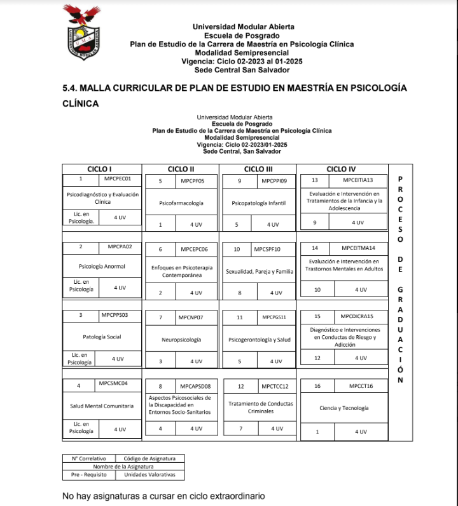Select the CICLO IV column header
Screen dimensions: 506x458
pyautogui.click(x=341, y=169)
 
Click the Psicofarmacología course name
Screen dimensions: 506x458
pyautogui.click(x=181, y=203)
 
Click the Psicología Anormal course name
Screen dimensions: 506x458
pyautogui.click(x=102, y=266)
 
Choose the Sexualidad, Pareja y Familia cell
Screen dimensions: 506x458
pyautogui.click(x=260, y=271)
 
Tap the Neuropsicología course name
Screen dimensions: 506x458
pyautogui.click(x=181, y=340)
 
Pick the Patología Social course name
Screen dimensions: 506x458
pyautogui.click(x=102, y=336)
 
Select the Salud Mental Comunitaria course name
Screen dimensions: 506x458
pyautogui.click(x=102, y=405)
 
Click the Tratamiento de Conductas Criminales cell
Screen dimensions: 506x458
pyautogui.click(x=260, y=407)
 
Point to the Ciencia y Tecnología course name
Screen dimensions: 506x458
pyautogui.click(x=344, y=408)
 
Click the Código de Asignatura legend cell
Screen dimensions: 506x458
pyautogui.click(x=154, y=458)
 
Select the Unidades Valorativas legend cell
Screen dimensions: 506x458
pyautogui.click(x=154, y=474)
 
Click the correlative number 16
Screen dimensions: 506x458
pyautogui.click(x=317, y=386)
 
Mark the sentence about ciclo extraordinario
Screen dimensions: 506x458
pyautogui.click(x=163, y=495)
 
